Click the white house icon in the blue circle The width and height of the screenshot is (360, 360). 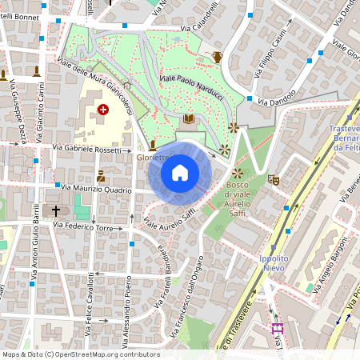click(180, 173)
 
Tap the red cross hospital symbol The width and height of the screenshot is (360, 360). click(102, 109)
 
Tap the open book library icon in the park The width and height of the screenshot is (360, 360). click(189, 119)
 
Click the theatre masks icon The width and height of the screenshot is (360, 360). click(275, 181)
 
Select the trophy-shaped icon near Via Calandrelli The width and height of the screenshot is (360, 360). click(217, 56)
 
